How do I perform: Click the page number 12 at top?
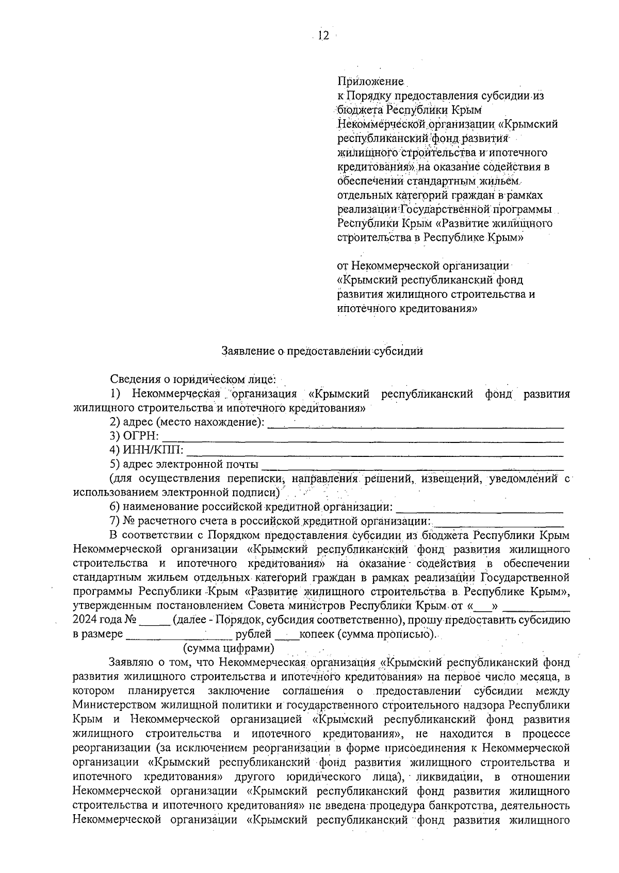pos(323,36)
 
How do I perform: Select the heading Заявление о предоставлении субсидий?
pos(322,351)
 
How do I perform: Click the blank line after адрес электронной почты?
pos(413,467)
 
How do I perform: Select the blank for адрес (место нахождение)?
pos(416,425)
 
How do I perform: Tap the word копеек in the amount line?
pos(317,633)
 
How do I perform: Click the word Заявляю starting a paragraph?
pos(133,662)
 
